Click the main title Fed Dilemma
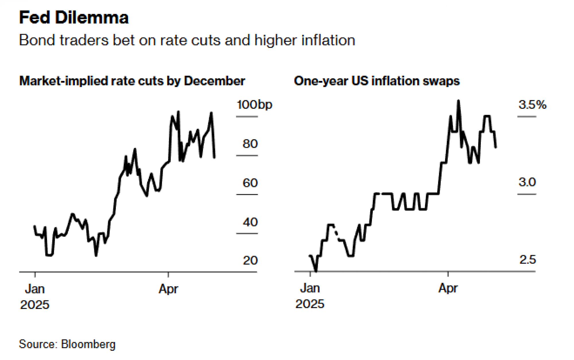pyautogui.click(x=74, y=18)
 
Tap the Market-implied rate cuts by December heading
pyautogui.click(x=132, y=81)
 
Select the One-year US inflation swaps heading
pyautogui.click(x=377, y=81)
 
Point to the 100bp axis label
pyautogui.click(x=254, y=105)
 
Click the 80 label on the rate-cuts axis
pyautogui.click(x=250, y=144)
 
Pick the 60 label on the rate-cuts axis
pyautogui.click(x=250, y=183)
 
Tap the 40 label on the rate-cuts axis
pyautogui.click(x=250, y=222)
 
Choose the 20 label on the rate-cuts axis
pyautogui.click(x=250, y=260)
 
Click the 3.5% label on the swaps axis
pyautogui.click(x=532, y=105)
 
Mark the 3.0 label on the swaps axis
pyautogui.click(x=527, y=182)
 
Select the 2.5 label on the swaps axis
pyautogui.click(x=527, y=260)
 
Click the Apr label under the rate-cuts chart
pyautogui.click(x=168, y=289)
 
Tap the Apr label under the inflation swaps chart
pyautogui.click(x=448, y=288)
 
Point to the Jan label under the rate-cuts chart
pyautogui.click(x=35, y=289)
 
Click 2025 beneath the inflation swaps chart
pyautogui.click(x=310, y=304)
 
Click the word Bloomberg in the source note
pyautogui.click(x=88, y=344)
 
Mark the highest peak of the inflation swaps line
pyautogui.click(x=458, y=101)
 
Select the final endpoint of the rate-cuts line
pyautogui.click(x=214, y=157)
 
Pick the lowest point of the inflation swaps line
pyautogui.click(x=316, y=270)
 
